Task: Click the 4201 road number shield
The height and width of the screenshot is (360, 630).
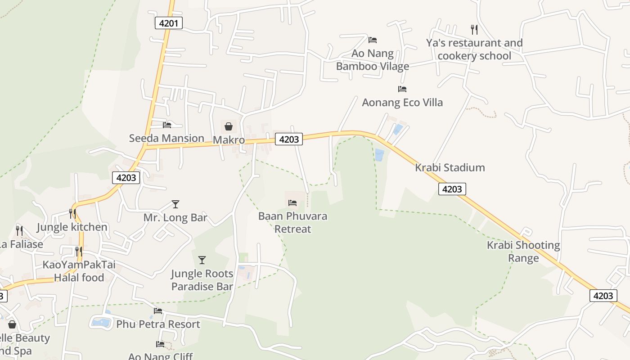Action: pos(169,23)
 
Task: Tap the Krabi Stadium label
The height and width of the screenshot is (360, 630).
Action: pos(450,168)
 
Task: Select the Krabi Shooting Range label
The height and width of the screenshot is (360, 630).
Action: pos(523,252)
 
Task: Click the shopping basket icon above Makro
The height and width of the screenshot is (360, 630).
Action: pos(229,126)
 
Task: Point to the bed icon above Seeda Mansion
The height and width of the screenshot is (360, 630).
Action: pos(167,125)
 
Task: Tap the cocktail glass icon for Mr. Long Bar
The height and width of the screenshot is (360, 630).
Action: pos(175,204)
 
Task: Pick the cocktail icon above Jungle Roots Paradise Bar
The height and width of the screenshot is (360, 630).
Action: pos(202,260)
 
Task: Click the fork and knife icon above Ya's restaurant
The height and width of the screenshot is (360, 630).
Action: pos(474,30)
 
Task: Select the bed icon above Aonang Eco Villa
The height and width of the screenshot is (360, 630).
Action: pos(402,89)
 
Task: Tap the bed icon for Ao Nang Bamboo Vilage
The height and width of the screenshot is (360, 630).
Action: pos(373,40)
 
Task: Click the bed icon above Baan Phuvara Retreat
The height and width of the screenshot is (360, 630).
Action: pos(292,203)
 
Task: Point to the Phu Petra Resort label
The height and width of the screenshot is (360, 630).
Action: pos(158,324)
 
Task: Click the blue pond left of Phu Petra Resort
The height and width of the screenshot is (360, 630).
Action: pos(101,322)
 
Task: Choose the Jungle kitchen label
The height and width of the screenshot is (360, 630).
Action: pos(72,227)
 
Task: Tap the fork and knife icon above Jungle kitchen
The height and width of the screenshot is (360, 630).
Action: pos(72,214)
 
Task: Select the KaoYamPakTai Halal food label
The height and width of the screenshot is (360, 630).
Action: pos(79,271)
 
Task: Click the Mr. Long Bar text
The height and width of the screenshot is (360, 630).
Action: pos(175,218)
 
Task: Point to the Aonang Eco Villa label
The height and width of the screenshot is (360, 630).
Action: pos(402,103)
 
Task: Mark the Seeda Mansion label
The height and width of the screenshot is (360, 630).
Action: pos(166,138)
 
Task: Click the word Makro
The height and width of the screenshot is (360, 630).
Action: pos(229,140)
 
